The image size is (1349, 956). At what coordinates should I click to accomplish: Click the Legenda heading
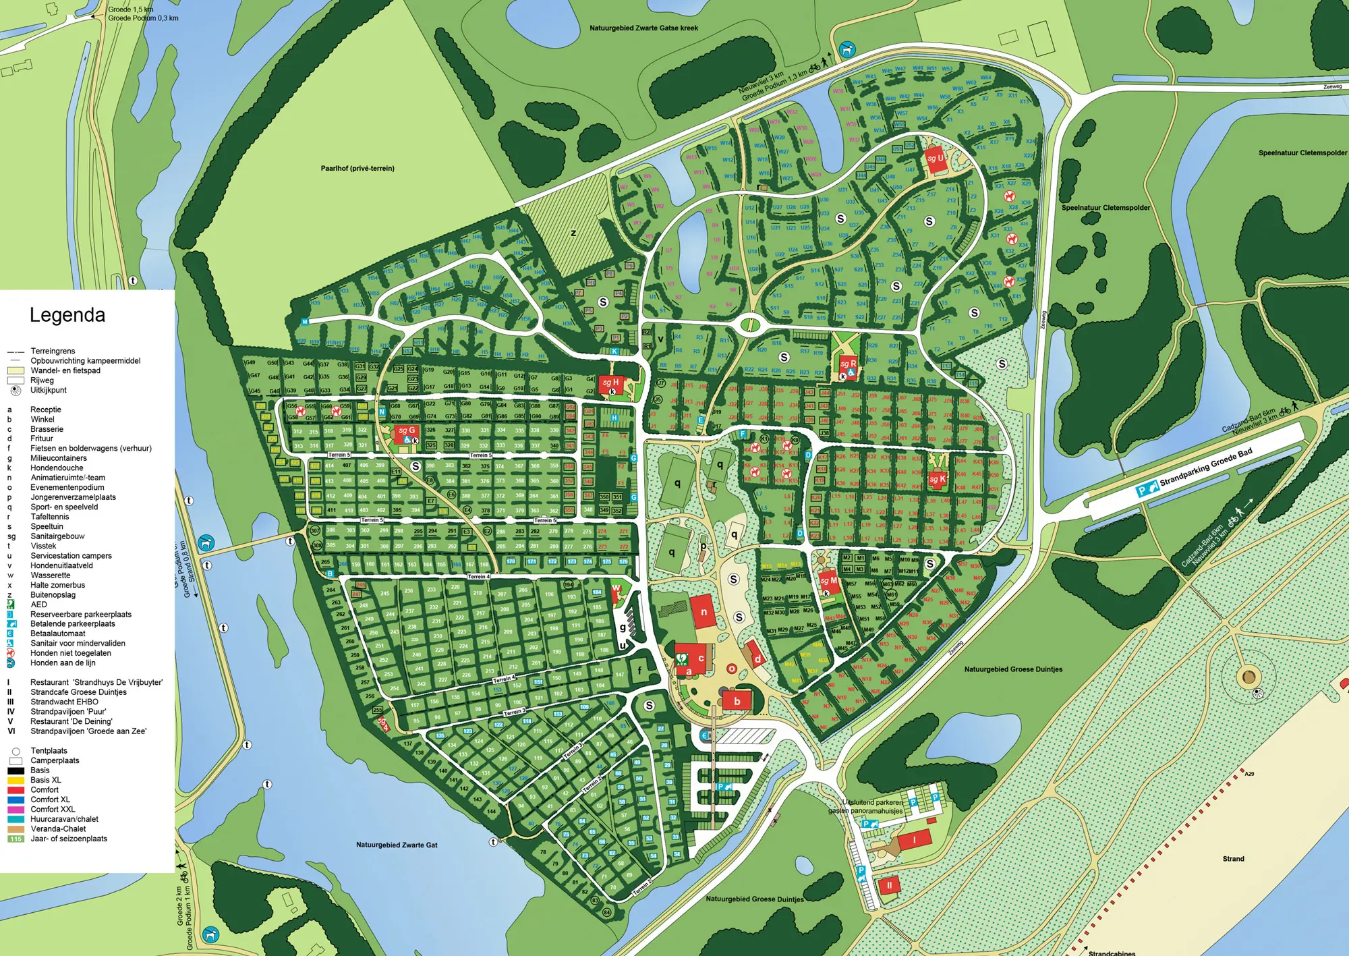pyautogui.click(x=67, y=315)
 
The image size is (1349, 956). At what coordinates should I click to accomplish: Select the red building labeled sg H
pyautogui.click(x=610, y=384)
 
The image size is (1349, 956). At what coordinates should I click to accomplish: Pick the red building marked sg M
pyautogui.click(x=829, y=582)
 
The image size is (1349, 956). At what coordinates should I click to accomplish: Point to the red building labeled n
pyautogui.click(x=703, y=612)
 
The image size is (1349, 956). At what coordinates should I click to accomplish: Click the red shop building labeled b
pyautogui.click(x=737, y=701)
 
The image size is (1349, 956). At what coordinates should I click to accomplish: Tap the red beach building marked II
pyautogui.click(x=889, y=886)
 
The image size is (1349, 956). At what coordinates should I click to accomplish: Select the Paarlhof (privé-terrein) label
pyautogui.click(x=357, y=169)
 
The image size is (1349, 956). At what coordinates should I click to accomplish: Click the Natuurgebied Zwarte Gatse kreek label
pyautogui.click(x=643, y=28)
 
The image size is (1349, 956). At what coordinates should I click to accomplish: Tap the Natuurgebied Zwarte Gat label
pyautogui.click(x=397, y=845)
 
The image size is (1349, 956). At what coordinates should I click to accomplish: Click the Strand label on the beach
pyautogui.click(x=1233, y=859)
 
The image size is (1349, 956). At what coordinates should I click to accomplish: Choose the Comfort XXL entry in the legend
pyautogui.click(x=53, y=809)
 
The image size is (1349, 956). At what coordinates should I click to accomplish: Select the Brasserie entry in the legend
pyautogui.click(x=47, y=429)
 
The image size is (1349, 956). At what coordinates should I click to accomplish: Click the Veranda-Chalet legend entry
pyautogui.click(x=58, y=828)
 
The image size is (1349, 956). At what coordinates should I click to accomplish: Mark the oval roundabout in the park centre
pyautogui.click(x=749, y=325)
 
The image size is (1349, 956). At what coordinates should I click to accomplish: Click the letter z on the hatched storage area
pyautogui.click(x=573, y=233)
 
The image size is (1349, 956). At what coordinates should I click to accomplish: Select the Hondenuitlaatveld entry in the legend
pyautogui.click(x=61, y=565)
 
